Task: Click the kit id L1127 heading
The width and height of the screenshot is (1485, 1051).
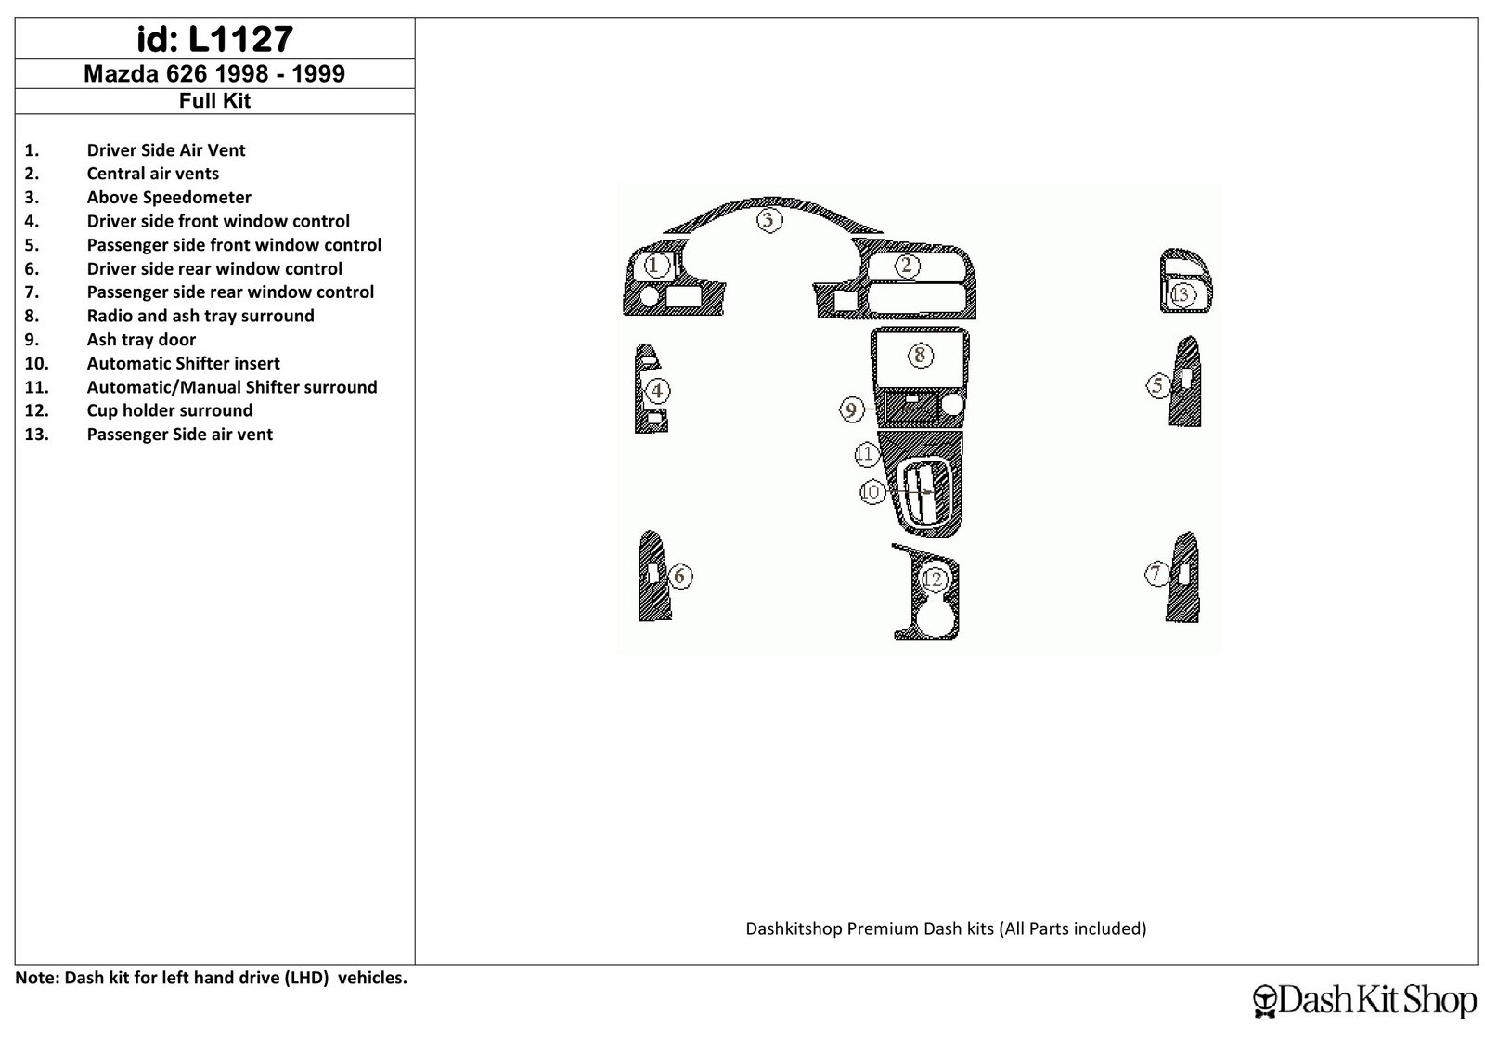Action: click(x=214, y=39)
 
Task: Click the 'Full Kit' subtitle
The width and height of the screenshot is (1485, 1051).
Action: click(x=214, y=101)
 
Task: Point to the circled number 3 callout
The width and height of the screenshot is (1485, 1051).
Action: click(x=769, y=220)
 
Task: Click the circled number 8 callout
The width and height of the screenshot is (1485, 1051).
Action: click(x=920, y=356)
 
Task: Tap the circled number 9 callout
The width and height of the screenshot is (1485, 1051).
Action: click(x=852, y=409)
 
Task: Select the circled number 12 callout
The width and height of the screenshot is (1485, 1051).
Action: click(x=934, y=578)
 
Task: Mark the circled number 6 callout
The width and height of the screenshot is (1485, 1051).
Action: click(x=679, y=577)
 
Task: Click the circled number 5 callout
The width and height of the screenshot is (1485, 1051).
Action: click(x=1158, y=385)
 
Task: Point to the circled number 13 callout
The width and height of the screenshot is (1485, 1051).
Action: click(x=1182, y=294)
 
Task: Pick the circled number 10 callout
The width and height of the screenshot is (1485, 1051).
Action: click(x=872, y=491)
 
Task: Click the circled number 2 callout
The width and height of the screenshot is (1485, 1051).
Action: click(x=907, y=266)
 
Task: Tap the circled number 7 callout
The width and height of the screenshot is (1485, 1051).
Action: click(x=1156, y=574)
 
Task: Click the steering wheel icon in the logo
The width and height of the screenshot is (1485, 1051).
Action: click(x=1266, y=1001)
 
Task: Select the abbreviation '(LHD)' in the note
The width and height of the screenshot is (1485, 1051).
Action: click(x=307, y=978)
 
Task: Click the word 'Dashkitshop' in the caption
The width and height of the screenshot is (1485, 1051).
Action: click(x=794, y=928)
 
